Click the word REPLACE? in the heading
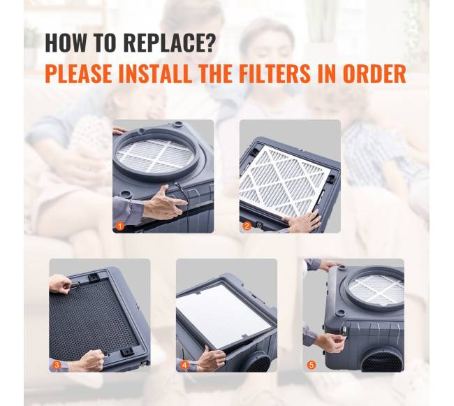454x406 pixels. tap(170, 43)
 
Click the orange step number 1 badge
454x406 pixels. tap(120, 226)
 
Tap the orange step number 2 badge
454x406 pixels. tap(247, 226)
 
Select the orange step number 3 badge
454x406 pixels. tap(57, 365)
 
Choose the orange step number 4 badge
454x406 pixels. tap(184, 365)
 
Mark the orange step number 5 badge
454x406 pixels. tap(312, 365)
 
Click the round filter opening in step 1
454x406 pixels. tap(156, 155)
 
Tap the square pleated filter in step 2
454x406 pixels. tap(285, 181)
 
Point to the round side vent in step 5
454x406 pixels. tap(381, 361)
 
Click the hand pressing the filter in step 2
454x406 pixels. tap(303, 222)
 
